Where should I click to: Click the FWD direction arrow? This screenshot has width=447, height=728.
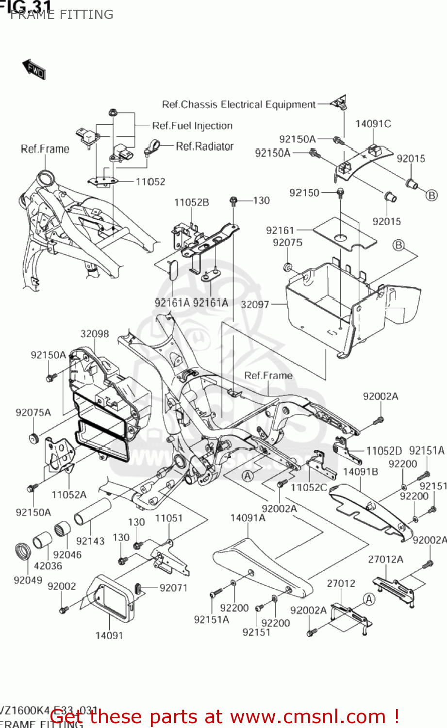pos(33,69)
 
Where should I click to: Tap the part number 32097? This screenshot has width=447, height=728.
pos(255,304)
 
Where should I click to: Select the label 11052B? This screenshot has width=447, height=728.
pos(192,202)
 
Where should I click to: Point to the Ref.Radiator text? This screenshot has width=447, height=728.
pos(204,146)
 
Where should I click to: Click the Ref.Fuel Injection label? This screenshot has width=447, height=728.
pos(192,126)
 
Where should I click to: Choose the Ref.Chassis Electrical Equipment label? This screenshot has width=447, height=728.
pos(239,104)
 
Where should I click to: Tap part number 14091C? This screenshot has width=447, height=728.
pos(373,124)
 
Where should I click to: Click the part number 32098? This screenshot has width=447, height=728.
pos(95,334)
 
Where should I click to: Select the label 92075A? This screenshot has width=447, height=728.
pos(33,413)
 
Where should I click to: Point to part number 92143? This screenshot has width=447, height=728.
pos(90,541)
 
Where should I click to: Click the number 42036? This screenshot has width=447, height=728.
pos(48,565)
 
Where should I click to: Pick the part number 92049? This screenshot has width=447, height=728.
pos(28,580)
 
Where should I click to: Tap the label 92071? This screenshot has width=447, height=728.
pos(173,588)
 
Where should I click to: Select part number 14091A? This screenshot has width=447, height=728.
pos(248,518)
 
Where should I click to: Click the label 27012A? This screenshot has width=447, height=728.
pos(385,559)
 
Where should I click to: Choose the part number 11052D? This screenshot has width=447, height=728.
pos(384,451)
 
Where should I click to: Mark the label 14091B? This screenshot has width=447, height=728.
pos(360,472)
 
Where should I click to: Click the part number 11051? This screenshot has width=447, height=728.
pos(168,518)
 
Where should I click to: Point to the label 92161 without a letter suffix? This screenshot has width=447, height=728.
pos(280,230)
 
